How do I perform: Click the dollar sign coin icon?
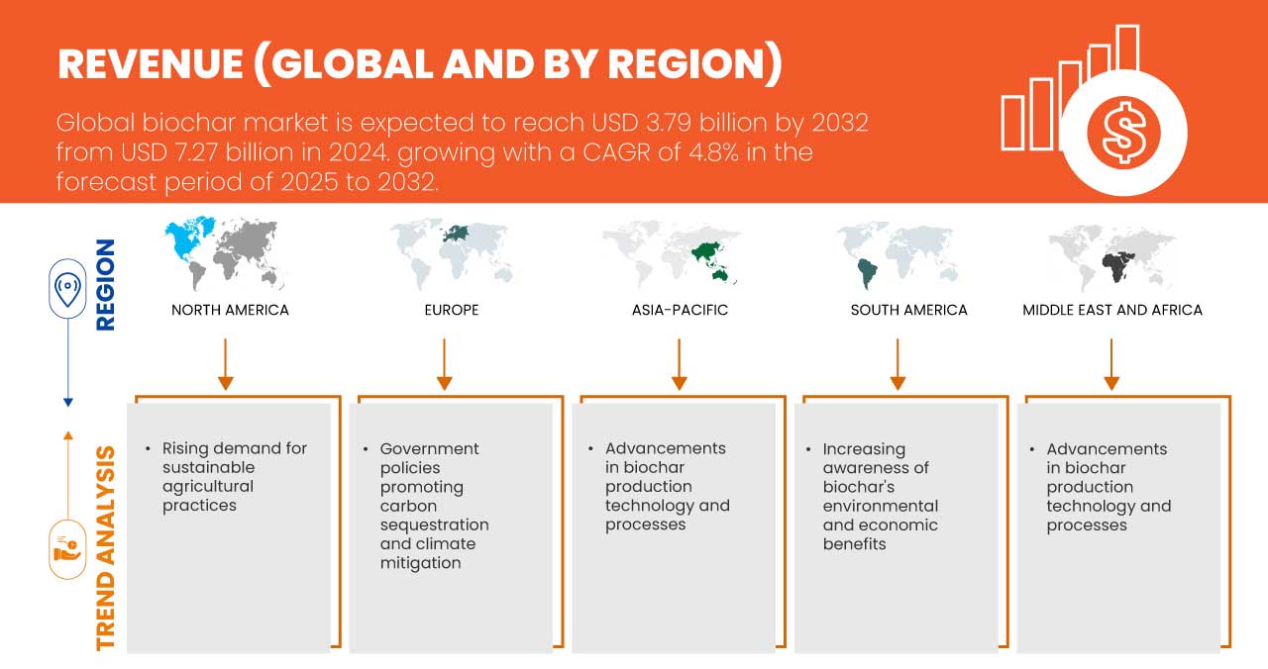tap(1123, 134)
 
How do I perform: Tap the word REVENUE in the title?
tap(151, 64)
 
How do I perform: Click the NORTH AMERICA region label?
tap(230, 310)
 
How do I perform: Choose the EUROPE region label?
tap(452, 310)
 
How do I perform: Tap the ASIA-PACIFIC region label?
tap(680, 310)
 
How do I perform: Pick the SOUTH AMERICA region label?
tap(908, 310)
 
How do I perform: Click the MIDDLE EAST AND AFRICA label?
tap(1112, 310)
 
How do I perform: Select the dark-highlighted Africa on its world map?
tap(1118, 267)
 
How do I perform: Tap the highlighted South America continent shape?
tap(867, 273)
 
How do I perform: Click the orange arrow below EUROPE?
tap(445, 364)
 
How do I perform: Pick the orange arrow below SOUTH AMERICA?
tap(898, 364)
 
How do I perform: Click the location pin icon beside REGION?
tap(67, 288)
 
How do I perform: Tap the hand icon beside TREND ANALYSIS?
tap(67, 549)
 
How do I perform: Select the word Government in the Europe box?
tap(429, 449)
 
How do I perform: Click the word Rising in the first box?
tap(185, 448)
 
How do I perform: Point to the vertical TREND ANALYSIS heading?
tap(106, 548)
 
